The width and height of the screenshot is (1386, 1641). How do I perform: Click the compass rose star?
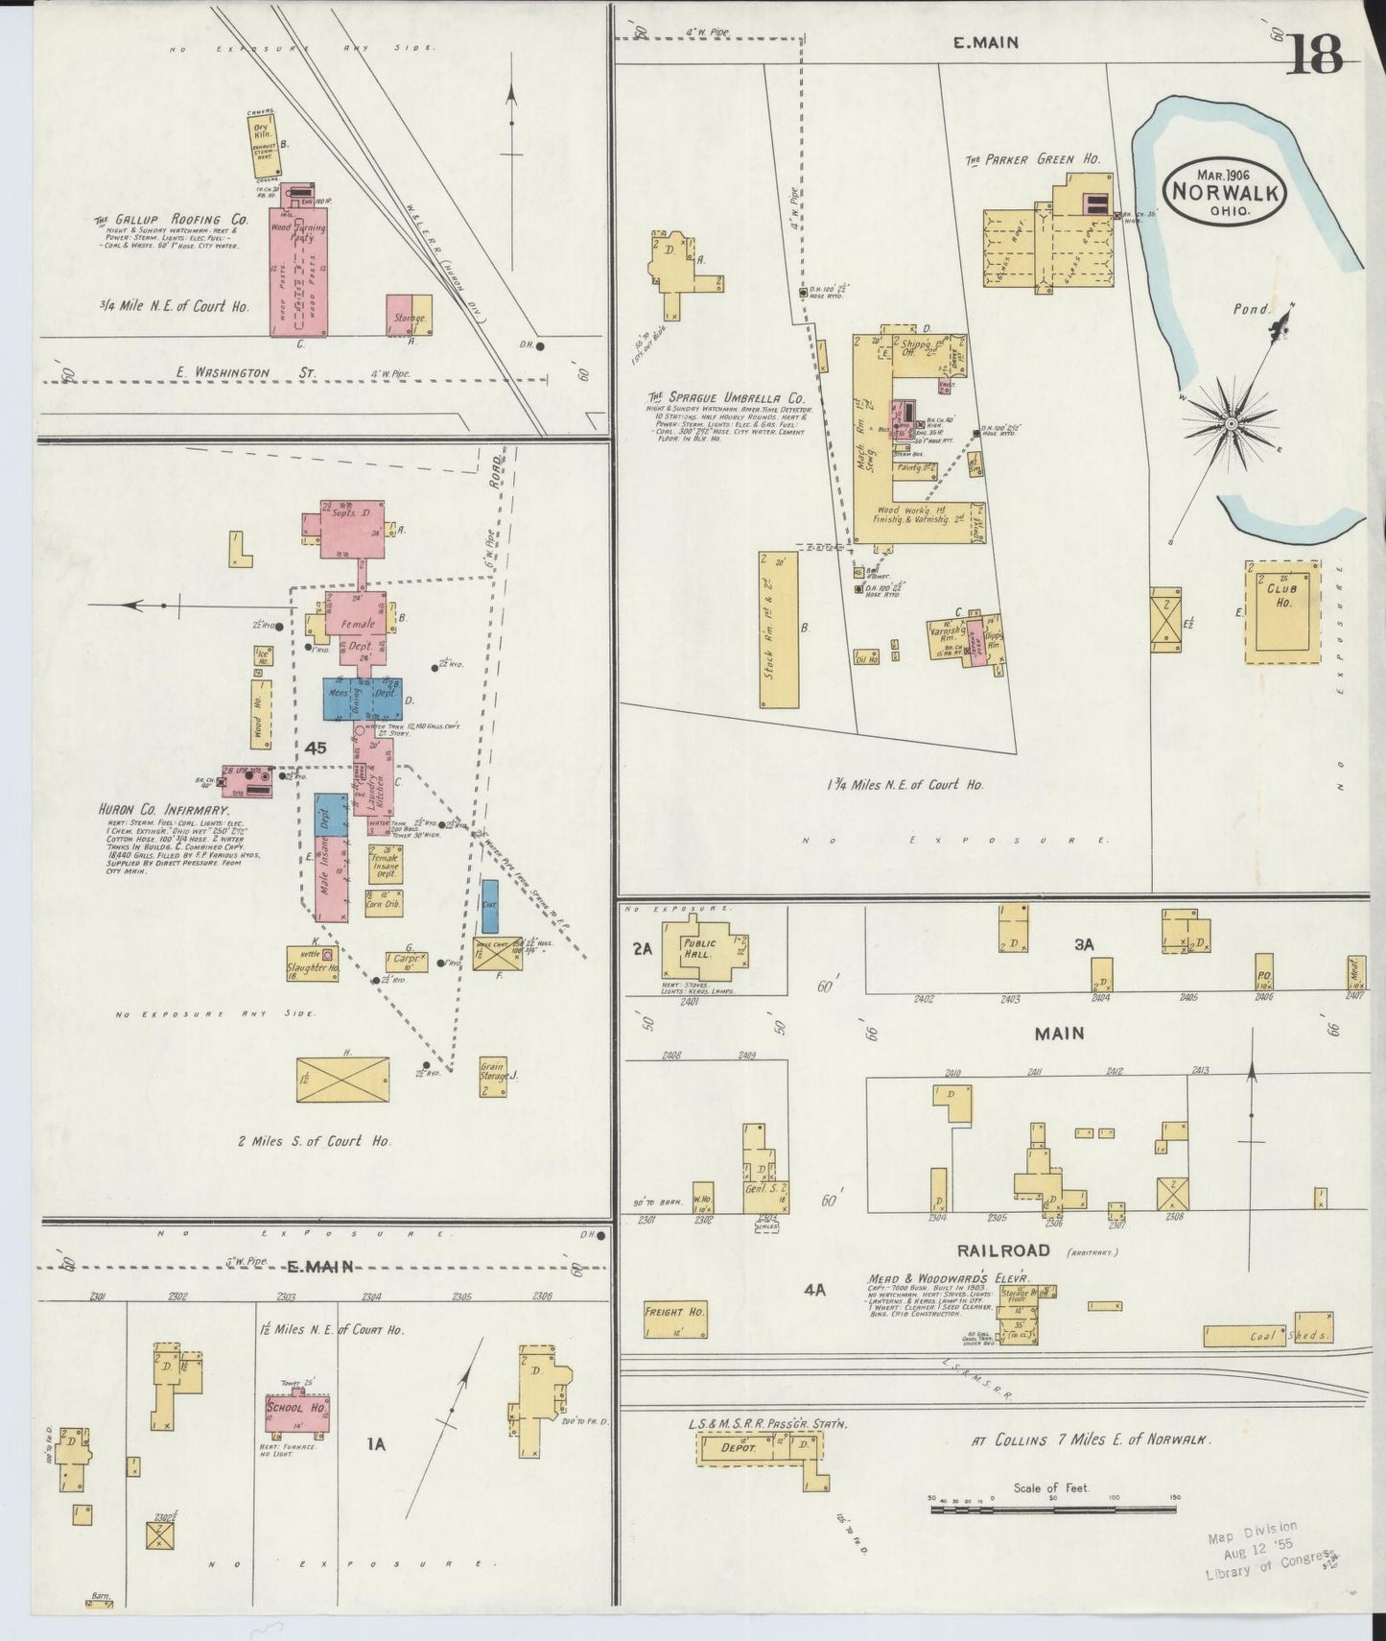(x=1231, y=422)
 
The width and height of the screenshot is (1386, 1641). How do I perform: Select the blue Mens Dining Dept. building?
(x=362, y=699)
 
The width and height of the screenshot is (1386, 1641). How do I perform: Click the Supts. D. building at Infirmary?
(x=345, y=526)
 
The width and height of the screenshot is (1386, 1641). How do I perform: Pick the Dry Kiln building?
(x=263, y=145)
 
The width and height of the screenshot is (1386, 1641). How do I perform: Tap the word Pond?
(x=1251, y=310)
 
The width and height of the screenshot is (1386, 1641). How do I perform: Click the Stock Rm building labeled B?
(x=779, y=630)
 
